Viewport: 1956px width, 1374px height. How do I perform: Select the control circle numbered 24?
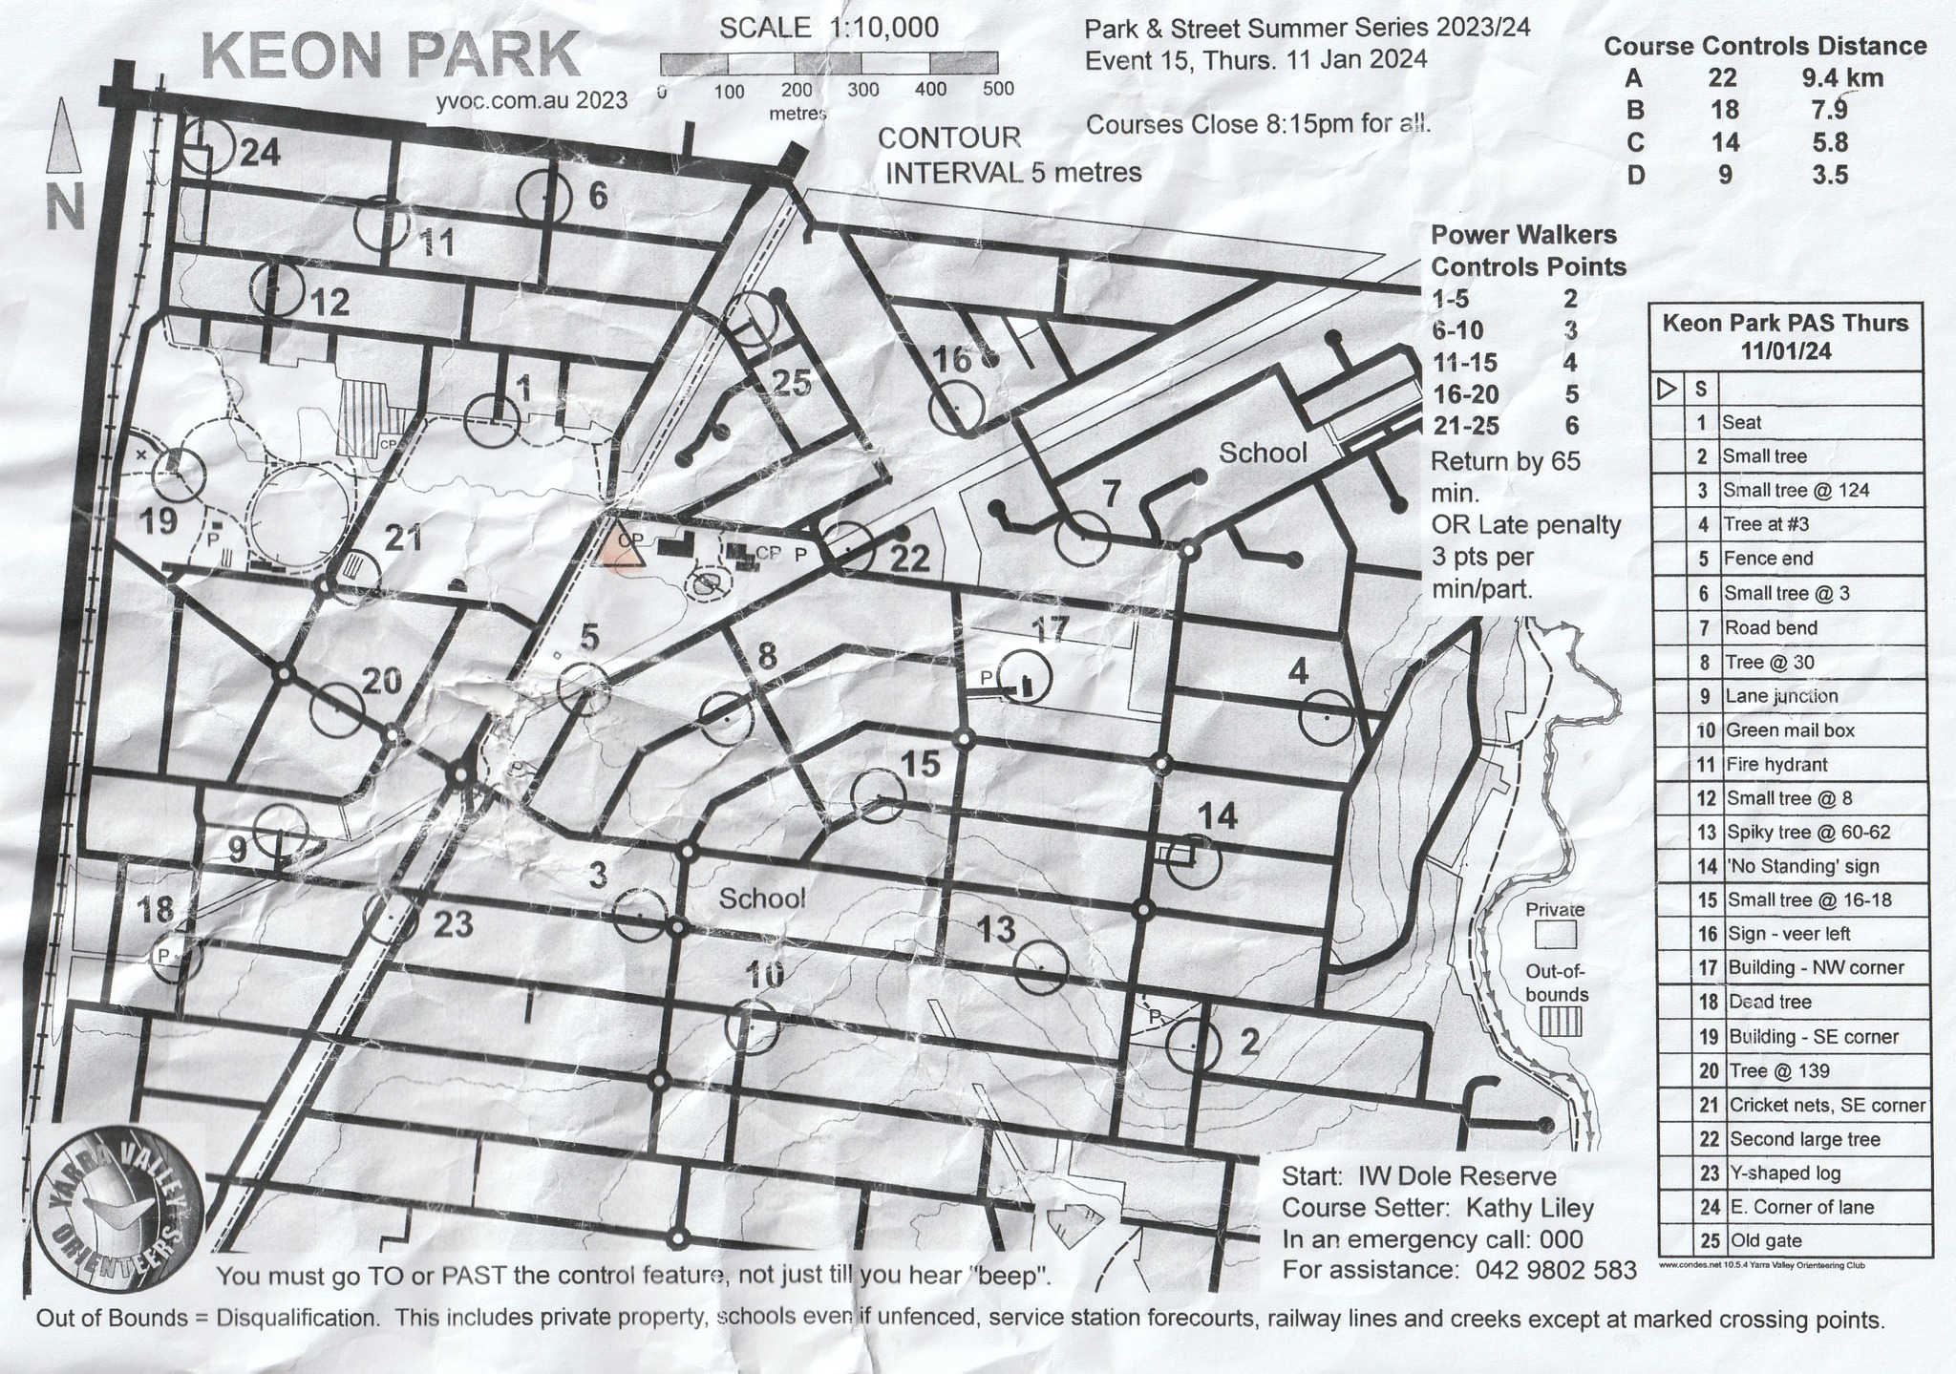[208, 146]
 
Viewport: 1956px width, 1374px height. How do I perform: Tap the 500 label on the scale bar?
[997, 90]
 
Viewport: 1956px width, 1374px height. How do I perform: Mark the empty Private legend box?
[1555, 933]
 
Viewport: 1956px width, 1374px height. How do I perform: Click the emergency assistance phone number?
[1556, 1270]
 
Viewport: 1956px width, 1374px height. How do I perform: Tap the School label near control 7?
[1263, 453]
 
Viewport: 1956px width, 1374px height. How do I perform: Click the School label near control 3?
[761, 898]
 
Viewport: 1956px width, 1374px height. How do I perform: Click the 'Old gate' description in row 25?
[1764, 1241]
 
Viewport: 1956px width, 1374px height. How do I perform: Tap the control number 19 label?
[159, 521]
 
